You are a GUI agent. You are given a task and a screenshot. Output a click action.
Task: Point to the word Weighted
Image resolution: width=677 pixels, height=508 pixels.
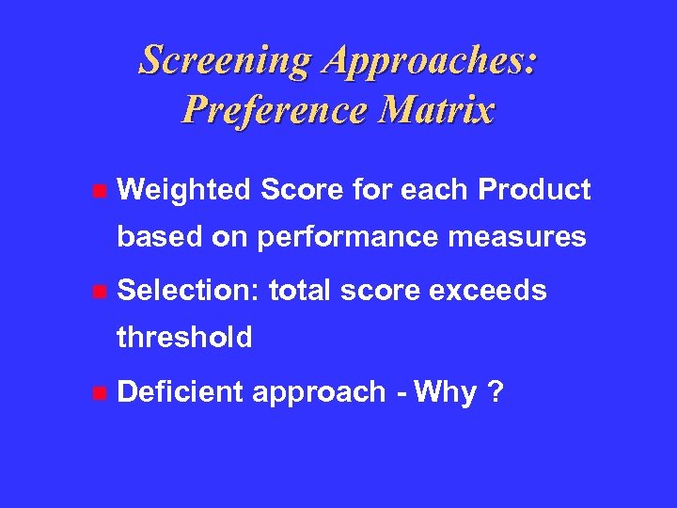(x=184, y=191)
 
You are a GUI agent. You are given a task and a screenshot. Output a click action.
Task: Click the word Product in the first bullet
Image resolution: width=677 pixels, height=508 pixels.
(x=535, y=190)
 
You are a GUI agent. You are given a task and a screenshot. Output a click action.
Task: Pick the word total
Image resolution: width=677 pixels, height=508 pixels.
(x=300, y=291)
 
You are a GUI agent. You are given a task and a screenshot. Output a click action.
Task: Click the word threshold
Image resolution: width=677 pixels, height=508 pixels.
(x=184, y=337)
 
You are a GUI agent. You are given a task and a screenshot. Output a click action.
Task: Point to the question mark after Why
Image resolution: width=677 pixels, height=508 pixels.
(x=495, y=390)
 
